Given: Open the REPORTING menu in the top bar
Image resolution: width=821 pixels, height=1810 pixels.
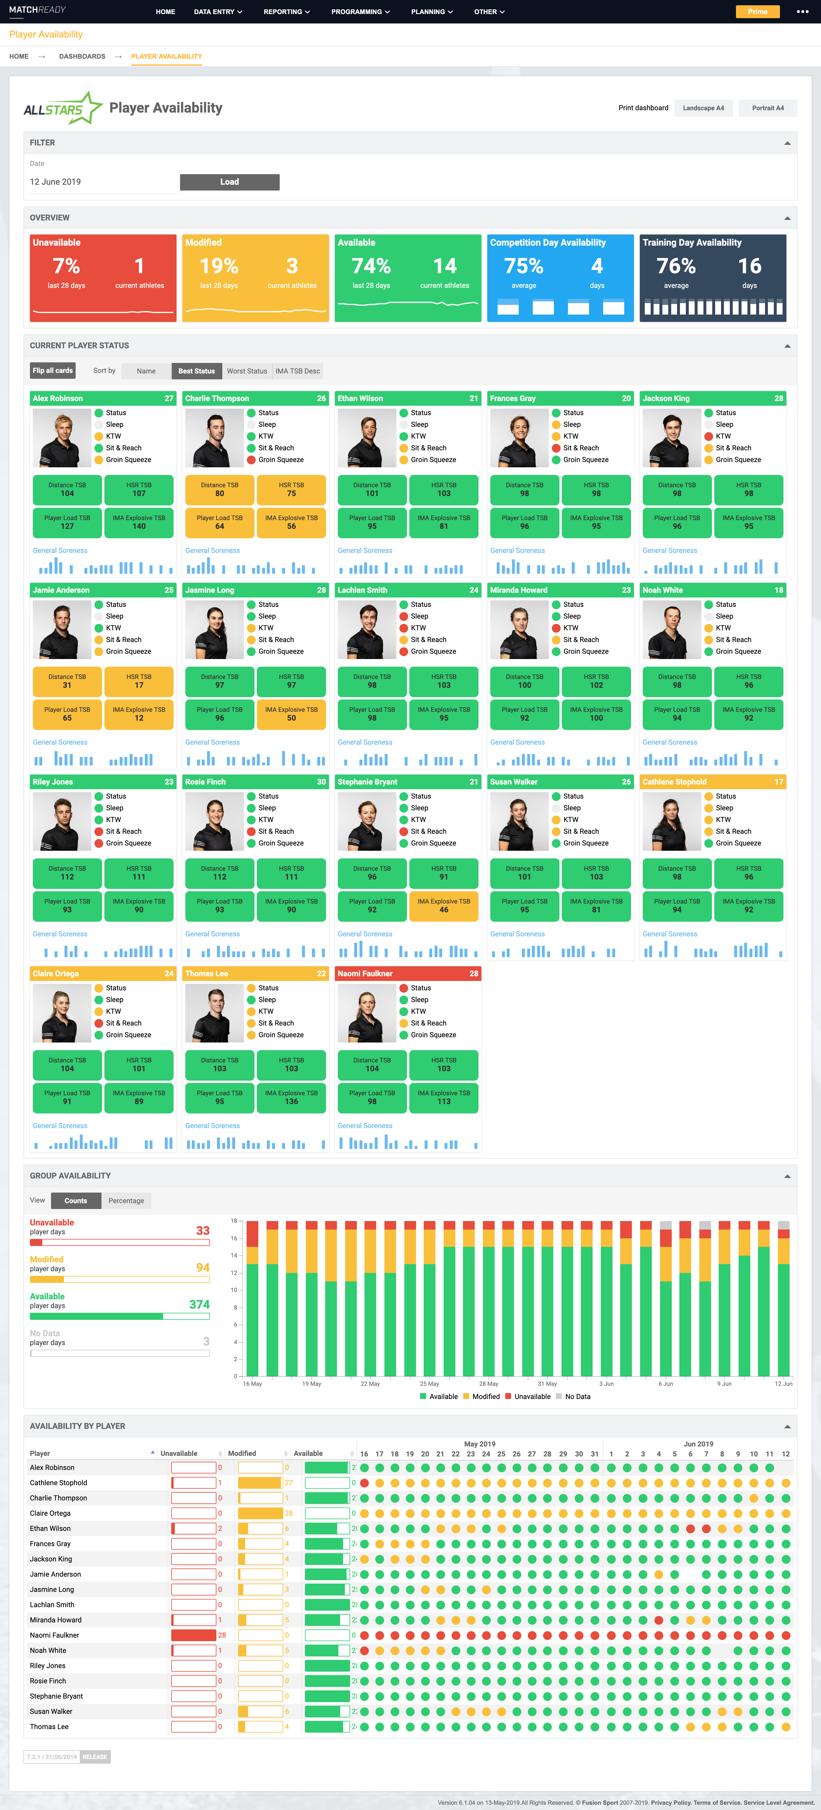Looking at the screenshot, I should pos(286,12).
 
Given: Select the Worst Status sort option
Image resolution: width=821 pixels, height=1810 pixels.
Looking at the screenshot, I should pos(247,371).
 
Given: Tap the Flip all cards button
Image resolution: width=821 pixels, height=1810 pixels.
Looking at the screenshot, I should pos(53,370).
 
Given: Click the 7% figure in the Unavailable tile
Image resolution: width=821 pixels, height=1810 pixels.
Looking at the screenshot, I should pos(66,266).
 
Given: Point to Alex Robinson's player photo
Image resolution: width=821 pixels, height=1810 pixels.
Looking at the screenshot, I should pos(62,438).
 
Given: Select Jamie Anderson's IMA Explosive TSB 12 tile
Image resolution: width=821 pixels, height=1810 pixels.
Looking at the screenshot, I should pos(139,714).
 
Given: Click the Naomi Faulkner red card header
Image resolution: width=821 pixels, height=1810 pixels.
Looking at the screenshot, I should pos(408,973).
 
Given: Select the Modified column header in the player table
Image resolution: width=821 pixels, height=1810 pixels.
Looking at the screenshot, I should pos(242,1453).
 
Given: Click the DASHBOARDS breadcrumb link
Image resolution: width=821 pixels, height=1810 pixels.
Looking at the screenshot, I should pos(82,56).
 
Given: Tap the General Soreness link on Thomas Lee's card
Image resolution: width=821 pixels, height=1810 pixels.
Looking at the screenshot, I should pos(212,1126).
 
